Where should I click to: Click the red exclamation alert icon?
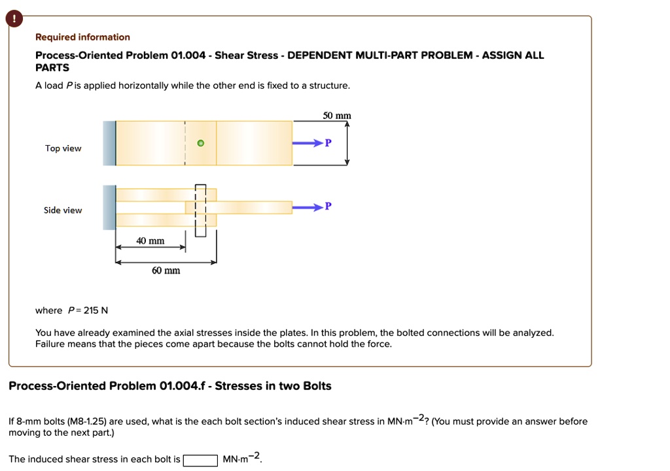(x=13, y=20)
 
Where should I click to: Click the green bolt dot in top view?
(x=201, y=143)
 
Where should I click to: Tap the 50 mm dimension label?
(x=337, y=116)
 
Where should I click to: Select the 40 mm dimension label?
(x=150, y=241)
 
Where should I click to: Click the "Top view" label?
(x=63, y=148)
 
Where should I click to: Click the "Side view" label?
(x=63, y=210)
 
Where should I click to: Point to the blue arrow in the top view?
(x=308, y=143)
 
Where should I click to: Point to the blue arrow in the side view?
(x=308, y=207)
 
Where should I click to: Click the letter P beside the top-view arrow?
(x=328, y=143)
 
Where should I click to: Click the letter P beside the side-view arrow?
(x=328, y=206)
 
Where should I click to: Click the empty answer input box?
(x=200, y=460)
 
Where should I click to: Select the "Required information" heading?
(x=82, y=37)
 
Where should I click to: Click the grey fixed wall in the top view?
(x=109, y=143)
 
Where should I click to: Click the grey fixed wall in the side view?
(x=109, y=207)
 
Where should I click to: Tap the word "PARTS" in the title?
(x=52, y=67)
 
